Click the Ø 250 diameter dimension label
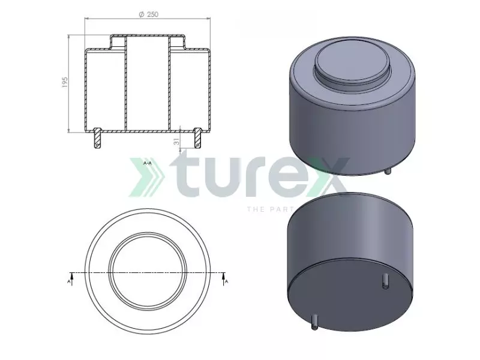point(148,14)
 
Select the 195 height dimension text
point(65,83)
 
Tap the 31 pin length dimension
point(175,141)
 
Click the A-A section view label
point(148,163)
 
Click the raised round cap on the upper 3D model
point(352,63)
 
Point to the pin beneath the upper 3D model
point(388,171)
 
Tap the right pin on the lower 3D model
point(385,280)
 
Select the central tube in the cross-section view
point(148,84)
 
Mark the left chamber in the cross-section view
point(106,90)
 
